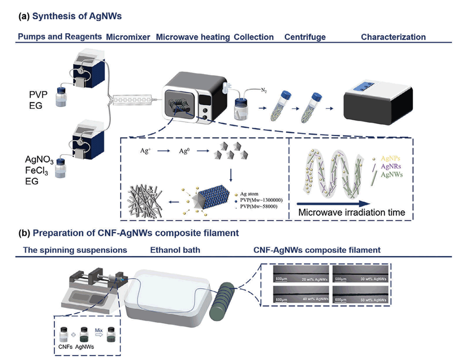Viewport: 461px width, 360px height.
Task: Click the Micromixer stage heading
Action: [128, 37]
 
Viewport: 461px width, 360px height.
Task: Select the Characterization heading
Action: [393, 37]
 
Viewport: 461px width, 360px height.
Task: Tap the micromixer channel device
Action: [132, 99]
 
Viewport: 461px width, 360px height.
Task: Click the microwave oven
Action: [193, 96]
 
